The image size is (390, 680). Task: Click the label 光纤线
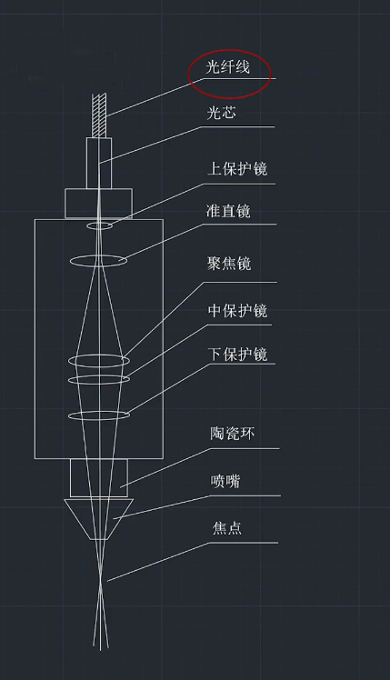coord(228,70)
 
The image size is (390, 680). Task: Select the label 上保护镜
coord(237,168)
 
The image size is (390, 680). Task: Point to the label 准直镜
coord(229,212)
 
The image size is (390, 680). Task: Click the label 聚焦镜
coord(229,264)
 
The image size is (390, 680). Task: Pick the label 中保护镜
coord(237,311)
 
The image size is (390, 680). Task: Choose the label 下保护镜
coord(237,354)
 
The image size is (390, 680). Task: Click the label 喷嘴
coord(224,481)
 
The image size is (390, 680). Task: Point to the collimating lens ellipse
coord(99,261)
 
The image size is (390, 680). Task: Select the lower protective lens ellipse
coord(99,415)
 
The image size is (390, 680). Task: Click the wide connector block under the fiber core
coord(99,203)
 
